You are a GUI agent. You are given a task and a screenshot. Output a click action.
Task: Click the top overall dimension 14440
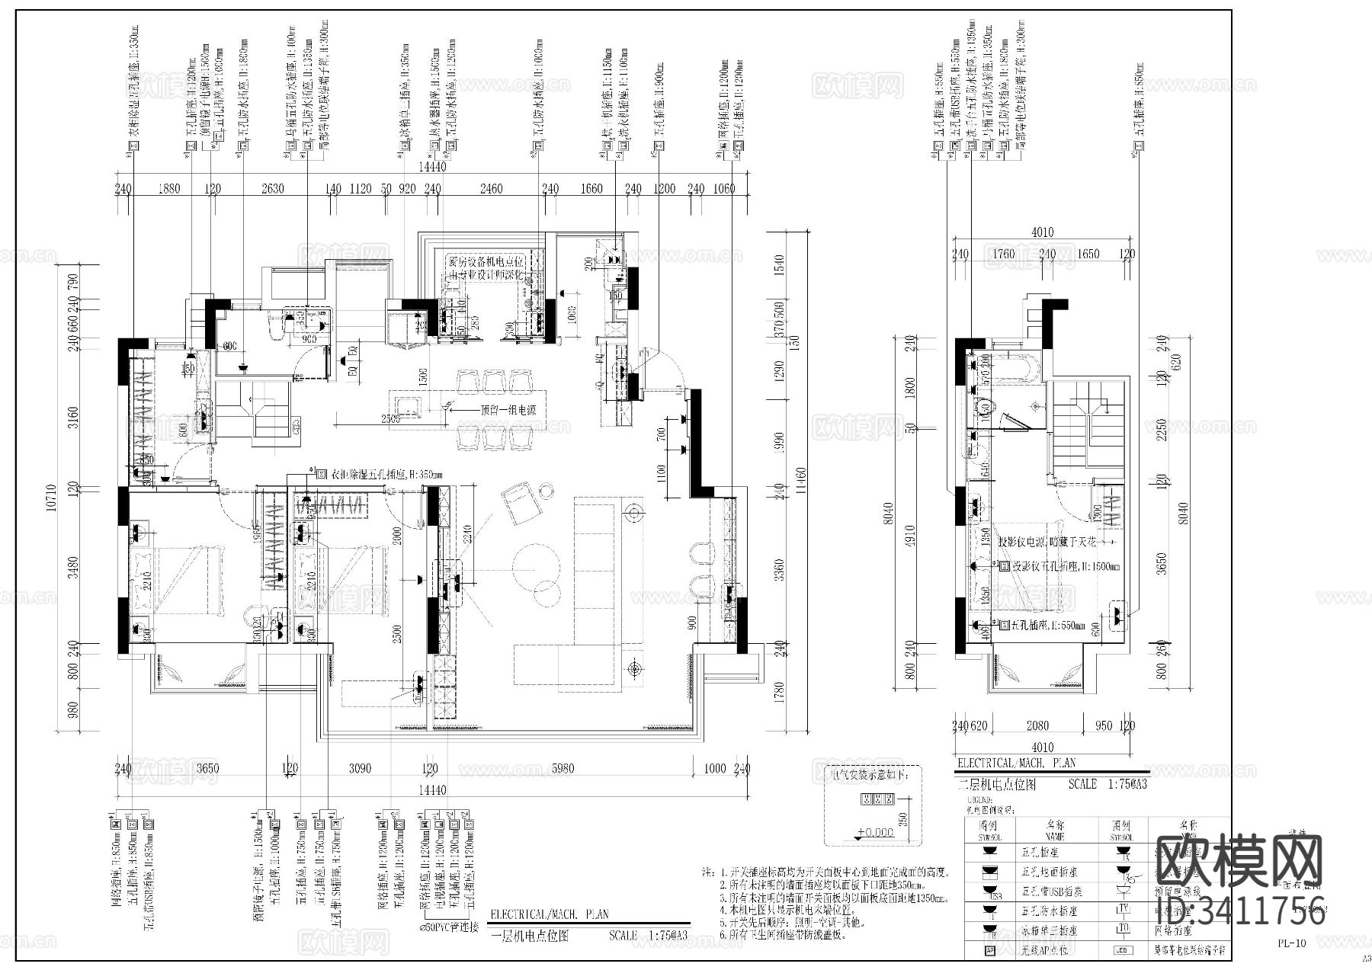[x=432, y=167]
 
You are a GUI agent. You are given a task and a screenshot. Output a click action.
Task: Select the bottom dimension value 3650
[x=205, y=769]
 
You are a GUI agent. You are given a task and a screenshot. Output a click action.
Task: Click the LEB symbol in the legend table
[x=1121, y=950]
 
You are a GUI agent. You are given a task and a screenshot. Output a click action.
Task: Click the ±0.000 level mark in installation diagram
[x=874, y=832]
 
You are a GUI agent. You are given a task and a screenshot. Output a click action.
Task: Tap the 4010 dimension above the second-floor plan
[x=1042, y=232]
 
